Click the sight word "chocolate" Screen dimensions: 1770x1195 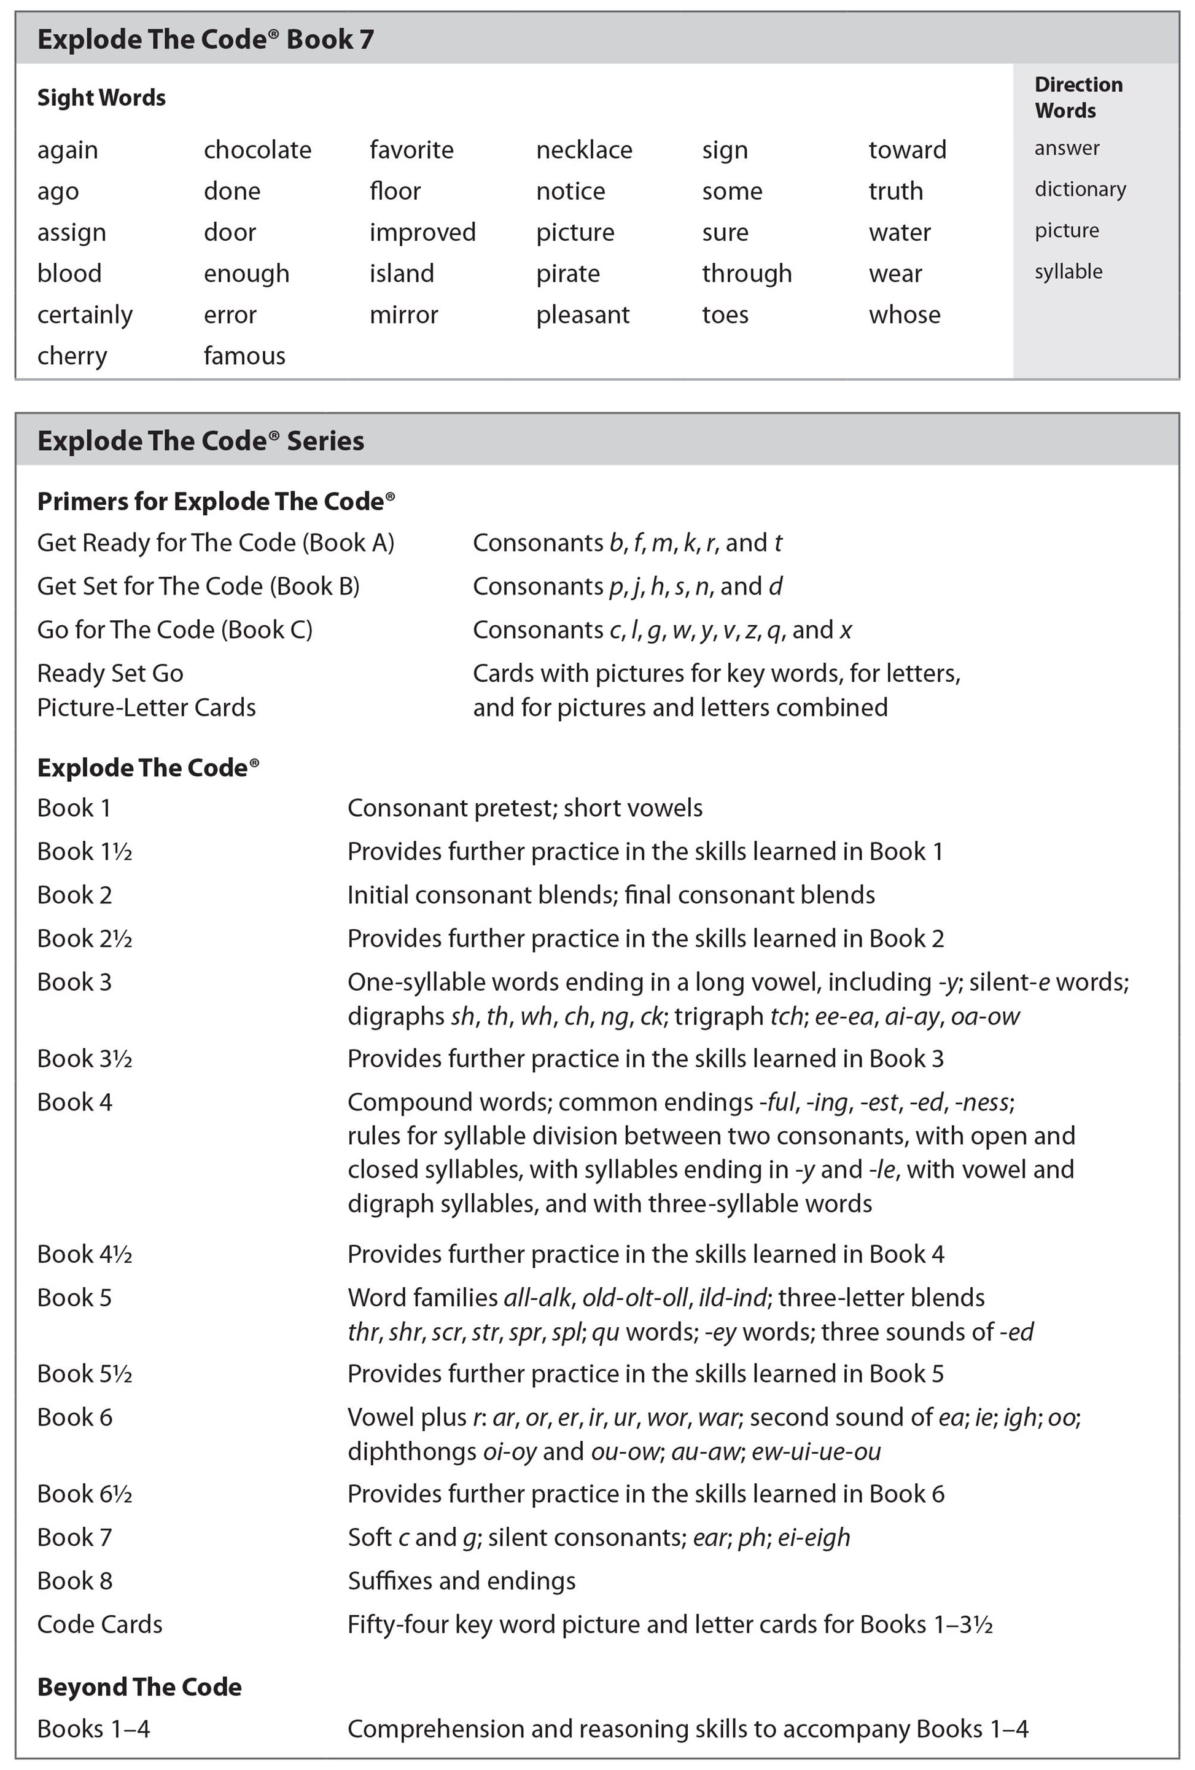click(x=257, y=150)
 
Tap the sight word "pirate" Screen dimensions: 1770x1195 click(x=567, y=273)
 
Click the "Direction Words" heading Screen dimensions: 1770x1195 click(x=1077, y=98)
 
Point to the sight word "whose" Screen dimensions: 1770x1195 click(x=904, y=314)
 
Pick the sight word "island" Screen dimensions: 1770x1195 click(x=402, y=273)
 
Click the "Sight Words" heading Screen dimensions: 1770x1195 click(x=101, y=98)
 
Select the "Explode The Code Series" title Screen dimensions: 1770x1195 click(x=200, y=441)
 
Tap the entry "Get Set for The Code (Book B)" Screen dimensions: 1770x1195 click(x=198, y=586)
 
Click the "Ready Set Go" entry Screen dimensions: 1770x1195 click(x=110, y=673)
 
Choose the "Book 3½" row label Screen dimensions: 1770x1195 click(x=85, y=1059)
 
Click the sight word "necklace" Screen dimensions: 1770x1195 click(x=583, y=150)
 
